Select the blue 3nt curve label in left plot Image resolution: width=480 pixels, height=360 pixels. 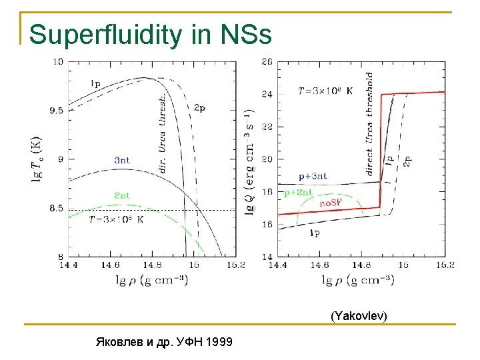click(122, 160)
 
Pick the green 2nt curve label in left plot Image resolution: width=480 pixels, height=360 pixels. click(121, 195)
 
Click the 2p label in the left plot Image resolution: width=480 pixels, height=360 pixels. click(199, 107)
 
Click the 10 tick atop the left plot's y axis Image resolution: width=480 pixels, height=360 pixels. click(58, 61)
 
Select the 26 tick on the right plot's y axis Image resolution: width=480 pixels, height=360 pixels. click(267, 61)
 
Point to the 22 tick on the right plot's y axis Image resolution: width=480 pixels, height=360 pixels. click(267, 127)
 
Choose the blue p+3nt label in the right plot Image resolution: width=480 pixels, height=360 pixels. click(312, 176)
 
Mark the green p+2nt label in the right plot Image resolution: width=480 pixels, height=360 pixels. click(298, 193)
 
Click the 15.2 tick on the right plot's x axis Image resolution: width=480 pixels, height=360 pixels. click(445, 265)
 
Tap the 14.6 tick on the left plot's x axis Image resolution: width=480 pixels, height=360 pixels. click(111, 265)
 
